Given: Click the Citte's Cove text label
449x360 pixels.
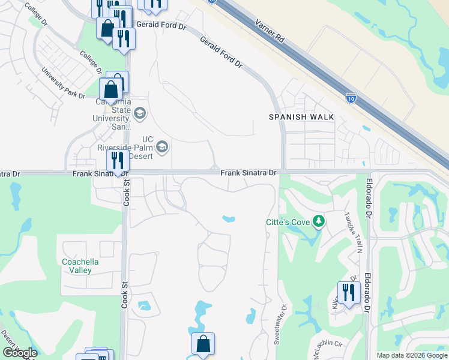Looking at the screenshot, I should (288, 222).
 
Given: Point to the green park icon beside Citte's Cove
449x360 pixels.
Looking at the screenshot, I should (319, 222).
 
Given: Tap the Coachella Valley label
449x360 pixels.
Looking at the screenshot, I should (80, 266).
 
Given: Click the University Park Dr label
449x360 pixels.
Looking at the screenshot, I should (63, 83).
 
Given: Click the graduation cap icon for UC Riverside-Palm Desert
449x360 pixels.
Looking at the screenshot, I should (161, 147).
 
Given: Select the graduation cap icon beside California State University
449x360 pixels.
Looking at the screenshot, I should (140, 113).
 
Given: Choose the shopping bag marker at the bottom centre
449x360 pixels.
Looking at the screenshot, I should (203, 344).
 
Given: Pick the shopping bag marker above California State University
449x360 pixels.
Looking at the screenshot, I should (111, 89).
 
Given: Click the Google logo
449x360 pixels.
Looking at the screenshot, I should (20, 353).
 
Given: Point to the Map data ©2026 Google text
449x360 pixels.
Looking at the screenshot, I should (412, 355).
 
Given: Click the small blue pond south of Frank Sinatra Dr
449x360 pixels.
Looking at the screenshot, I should (228, 218).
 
